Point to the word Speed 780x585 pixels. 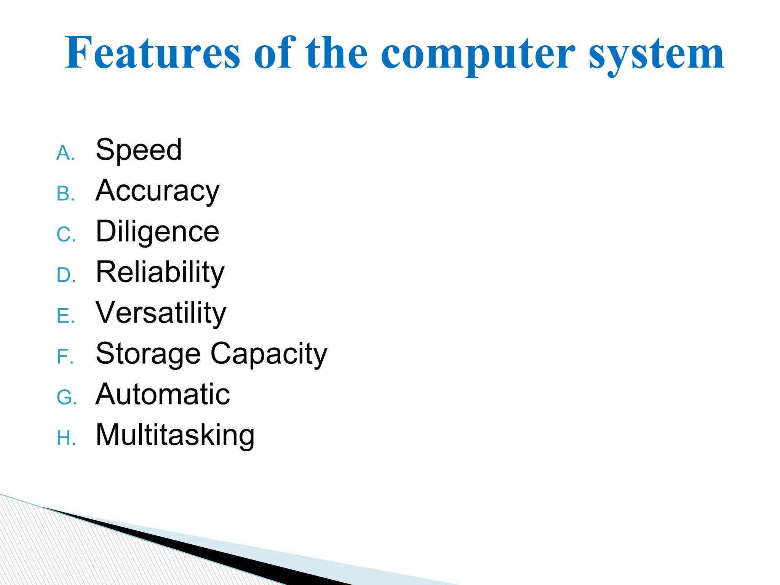point(139,150)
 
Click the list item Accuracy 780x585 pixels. point(157,191)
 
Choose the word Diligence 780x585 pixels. point(157,232)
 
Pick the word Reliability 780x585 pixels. point(160,272)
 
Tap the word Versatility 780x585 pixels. point(161,313)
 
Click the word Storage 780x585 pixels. point(148,354)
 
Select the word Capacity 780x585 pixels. point(269,354)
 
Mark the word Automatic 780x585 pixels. point(163,394)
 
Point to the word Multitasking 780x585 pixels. point(175,435)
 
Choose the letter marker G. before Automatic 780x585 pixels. point(67,398)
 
